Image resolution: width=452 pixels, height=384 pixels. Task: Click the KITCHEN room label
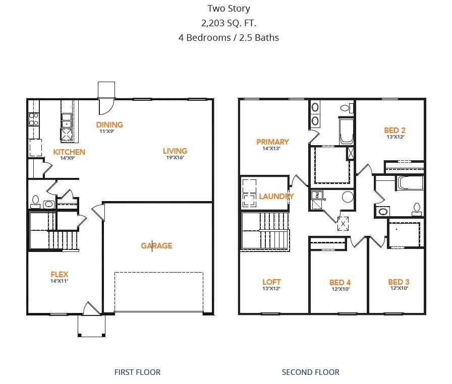click(x=69, y=152)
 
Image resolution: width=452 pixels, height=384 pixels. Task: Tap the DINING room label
click(x=109, y=124)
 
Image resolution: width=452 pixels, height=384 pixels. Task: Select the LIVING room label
click(x=175, y=151)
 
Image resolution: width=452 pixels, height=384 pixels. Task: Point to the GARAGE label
click(x=156, y=246)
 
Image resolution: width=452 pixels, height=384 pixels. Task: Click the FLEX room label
click(x=59, y=274)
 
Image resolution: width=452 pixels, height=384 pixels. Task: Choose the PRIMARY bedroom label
click(x=272, y=142)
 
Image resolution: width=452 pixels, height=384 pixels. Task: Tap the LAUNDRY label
click(x=276, y=196)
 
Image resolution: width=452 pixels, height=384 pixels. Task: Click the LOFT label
click(x=271, y=282)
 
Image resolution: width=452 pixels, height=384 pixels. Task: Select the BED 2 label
click(x=394, y=130)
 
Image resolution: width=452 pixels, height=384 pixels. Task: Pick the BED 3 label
click(x=398, y=282)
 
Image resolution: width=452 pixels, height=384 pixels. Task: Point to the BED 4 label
click(x=340, y=282)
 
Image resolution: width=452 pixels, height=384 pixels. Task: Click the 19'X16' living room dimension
click(x=175, y=157)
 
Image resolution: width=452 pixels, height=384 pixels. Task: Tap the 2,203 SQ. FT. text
click(x=229, y=23)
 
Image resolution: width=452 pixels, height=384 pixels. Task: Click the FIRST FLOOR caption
click(x=137, y=372)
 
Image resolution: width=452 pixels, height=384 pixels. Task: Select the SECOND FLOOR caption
click(x=310, y=372)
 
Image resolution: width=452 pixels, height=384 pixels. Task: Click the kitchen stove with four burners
click(x=34, y=119)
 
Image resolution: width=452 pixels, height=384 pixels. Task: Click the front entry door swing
click(x=89, y=308)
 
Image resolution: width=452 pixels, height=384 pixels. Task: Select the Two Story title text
click(x=229, y=9)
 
